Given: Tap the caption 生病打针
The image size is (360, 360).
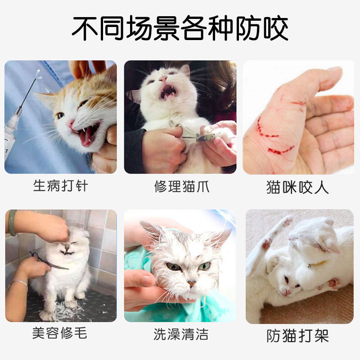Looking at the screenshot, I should [x=60, y=186].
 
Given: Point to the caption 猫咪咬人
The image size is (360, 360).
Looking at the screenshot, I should [x=297, y=187].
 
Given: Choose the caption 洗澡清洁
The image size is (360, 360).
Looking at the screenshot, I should [x=180, y=334].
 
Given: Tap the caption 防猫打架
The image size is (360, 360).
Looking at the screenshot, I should [x=298, y=336].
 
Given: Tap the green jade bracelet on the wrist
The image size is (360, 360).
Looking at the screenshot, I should [x=12, y=222].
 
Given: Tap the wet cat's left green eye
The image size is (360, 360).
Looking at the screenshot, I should [x=173, y=266].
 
